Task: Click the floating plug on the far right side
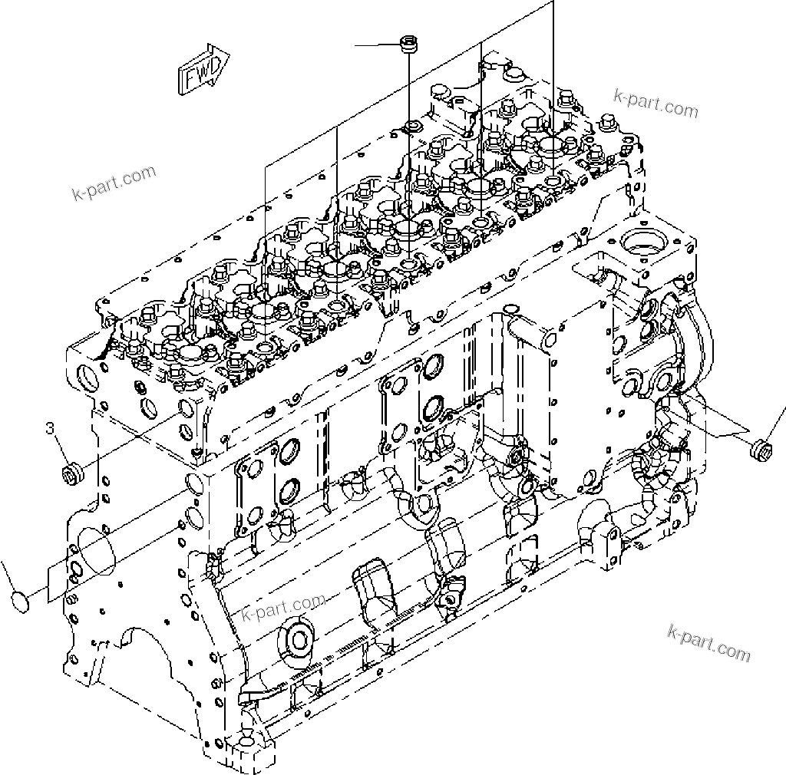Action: tap(761, 447)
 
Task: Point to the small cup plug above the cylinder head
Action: tap(406, 45)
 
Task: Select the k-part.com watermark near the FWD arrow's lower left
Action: tap(114, 183)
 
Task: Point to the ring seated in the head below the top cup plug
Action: tap(413, 127)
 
